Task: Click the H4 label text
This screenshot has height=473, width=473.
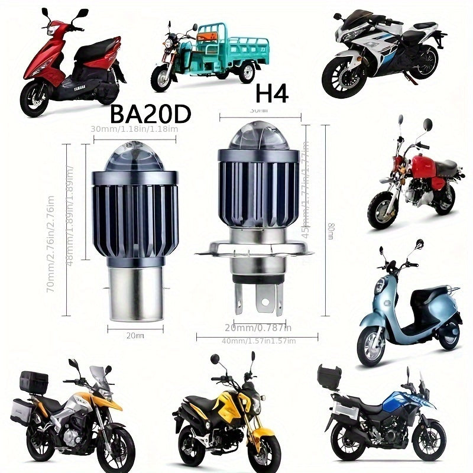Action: (x=271, y=93)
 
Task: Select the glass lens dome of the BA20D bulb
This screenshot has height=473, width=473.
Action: (x=134, y=154)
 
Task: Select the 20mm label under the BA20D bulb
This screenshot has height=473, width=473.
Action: (x=135, y=335)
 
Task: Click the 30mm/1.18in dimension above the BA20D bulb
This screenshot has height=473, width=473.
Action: (x=135, y=129)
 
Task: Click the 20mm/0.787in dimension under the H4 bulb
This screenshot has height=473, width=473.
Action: (x=258, y=328)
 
